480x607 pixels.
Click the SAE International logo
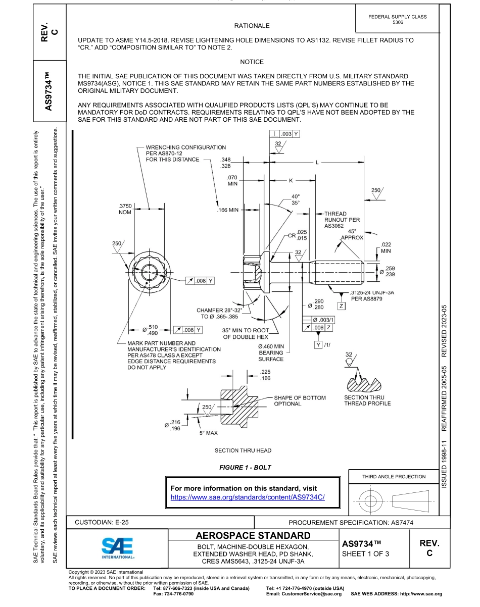(117, 547)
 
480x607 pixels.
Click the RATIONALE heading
(252, 26)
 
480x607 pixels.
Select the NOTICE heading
(252, 62)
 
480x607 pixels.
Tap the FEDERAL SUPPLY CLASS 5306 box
(397, 19)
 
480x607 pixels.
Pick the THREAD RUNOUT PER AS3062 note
(342, 220)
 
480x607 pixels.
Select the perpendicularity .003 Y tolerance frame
(284, 134)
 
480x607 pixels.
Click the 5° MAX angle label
(208, 433)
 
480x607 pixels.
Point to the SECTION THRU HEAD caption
(243, 450)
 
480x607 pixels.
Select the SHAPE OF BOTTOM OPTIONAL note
(300, 400)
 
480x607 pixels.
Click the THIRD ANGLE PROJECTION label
(394, 476)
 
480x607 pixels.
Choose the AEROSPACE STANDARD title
(253, 535)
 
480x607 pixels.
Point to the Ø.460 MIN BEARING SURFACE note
(271, 352)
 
